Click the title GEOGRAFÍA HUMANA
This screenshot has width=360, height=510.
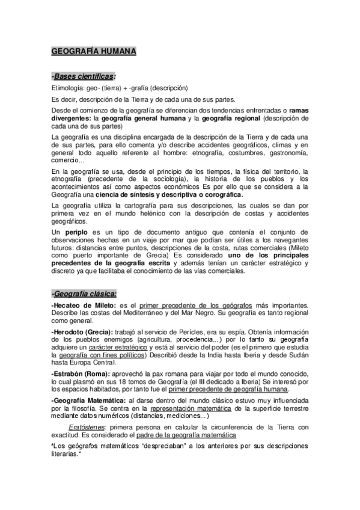(x=94, y=52)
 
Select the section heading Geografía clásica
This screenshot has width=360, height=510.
(x=84, y=293)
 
